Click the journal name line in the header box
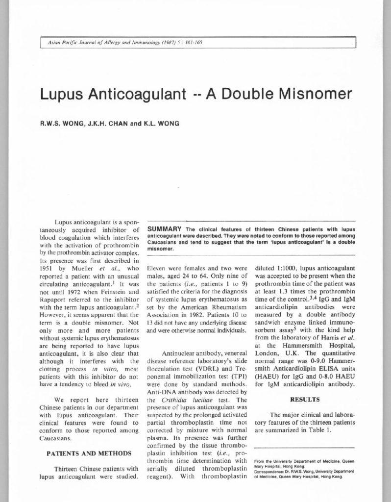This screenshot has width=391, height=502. pos(122,43)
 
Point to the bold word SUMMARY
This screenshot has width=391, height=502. pos(164,229)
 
